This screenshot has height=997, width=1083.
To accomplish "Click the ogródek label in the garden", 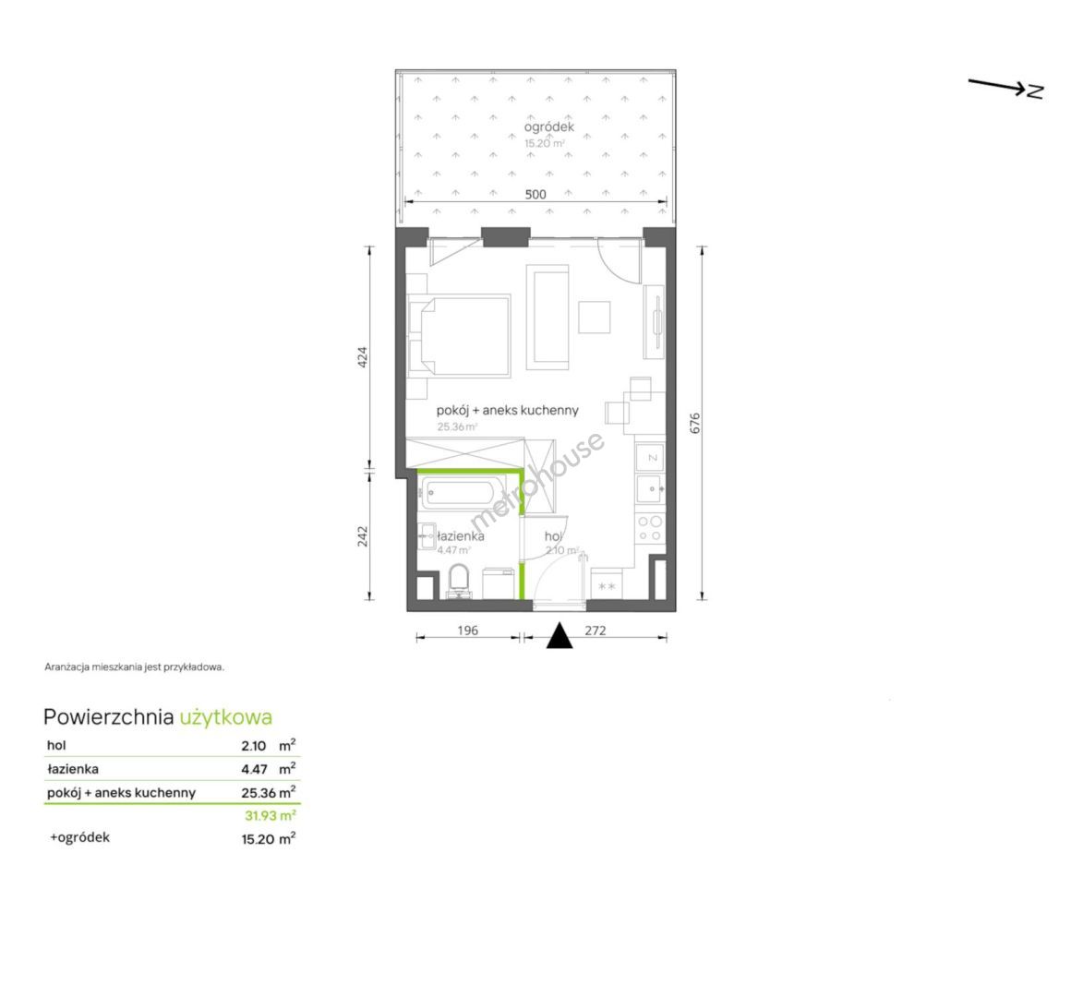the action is pos(548,127).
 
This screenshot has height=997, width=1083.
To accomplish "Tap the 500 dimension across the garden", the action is pos(535,194).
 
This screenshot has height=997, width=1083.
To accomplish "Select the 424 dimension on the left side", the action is pos(363,356).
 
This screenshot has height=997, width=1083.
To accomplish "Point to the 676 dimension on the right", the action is pos(695,423).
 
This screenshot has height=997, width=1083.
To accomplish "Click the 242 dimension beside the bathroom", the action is pos(363,536).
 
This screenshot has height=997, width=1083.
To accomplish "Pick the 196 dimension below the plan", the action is pos(467,630).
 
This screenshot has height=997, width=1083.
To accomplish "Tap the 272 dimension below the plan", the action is pos(596,630).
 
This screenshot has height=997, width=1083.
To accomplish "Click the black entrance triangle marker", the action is pos(560,637).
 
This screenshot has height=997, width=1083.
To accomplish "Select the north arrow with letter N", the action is pos(1006,88).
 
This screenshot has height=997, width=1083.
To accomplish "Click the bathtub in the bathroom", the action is pos(459,494).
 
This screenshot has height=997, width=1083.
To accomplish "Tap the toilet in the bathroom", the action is pos(459,580).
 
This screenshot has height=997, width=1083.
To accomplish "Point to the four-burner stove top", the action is pos(650,528).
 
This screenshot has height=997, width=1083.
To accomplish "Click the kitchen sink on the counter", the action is pos(650,489).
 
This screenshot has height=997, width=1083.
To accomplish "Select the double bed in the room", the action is pos(459,336).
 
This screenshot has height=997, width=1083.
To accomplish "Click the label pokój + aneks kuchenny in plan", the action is pos(507,410).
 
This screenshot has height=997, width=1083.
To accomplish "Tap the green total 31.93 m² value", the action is pos(271,815).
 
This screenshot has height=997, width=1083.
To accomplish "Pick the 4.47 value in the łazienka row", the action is pos(254,768).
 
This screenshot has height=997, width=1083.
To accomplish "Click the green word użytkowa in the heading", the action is pos(226,717).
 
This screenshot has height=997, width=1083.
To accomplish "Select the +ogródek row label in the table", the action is pos(79,837).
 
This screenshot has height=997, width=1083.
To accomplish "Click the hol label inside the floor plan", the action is pos(552,535).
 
